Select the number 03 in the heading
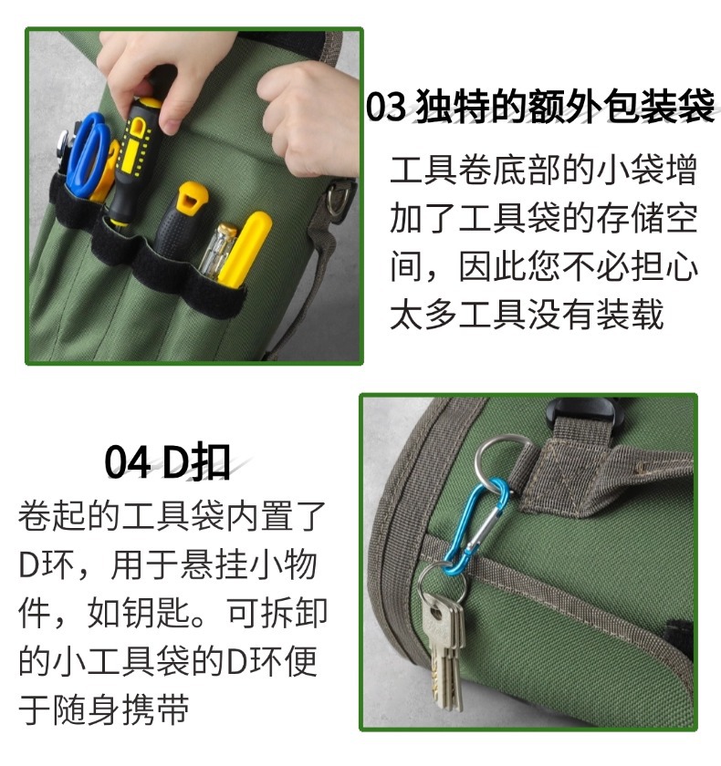pyautogui.click(x=385, y=107)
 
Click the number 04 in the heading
pyautogui.click(x=127, y=462)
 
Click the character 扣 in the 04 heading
pyautogui.click(x=211, y=462)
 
